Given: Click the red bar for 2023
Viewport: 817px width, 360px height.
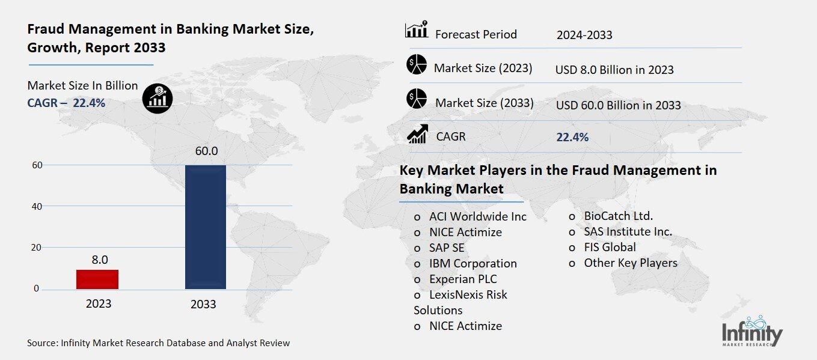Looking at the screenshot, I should (97, 279).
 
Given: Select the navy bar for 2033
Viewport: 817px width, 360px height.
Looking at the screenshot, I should (206, 227).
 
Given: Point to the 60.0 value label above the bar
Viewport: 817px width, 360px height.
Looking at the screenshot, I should (206, 151).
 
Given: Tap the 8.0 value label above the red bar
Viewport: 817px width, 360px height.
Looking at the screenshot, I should (100, 260).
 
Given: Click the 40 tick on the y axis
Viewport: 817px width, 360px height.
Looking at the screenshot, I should (36, 206).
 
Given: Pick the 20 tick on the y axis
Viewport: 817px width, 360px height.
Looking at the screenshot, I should (36, 248).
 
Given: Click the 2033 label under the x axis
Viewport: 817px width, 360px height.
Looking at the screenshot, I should (203, 304).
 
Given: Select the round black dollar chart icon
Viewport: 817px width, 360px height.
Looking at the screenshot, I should (157, 99).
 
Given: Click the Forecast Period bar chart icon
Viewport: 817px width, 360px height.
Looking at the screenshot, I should (417, 30).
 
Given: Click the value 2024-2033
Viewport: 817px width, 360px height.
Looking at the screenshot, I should (584, 35).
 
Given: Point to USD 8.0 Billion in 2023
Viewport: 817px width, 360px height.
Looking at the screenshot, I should (614, 70).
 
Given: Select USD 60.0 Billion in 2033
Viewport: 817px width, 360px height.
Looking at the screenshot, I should (618, 105).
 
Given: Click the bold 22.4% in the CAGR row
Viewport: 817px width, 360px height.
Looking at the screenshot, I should (572, 137).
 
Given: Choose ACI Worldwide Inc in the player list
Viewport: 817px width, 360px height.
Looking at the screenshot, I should (477, 216).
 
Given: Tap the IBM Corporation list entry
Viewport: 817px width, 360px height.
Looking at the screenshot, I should (473, 263).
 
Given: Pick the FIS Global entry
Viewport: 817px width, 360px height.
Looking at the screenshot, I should (610, 247).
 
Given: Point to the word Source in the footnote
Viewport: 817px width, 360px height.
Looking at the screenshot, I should (41, 343).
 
